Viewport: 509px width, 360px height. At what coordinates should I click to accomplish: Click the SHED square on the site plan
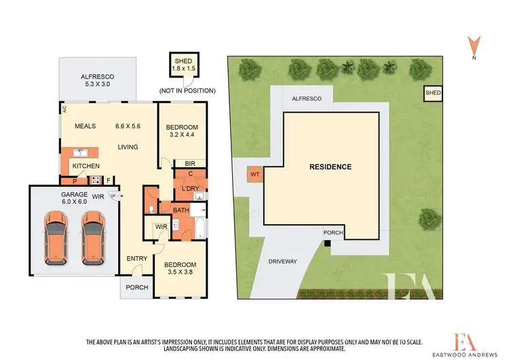432,93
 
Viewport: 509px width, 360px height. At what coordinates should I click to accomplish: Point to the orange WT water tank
255,175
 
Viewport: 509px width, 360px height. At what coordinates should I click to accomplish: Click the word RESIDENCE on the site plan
331,166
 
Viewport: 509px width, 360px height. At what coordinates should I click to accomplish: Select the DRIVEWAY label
283,261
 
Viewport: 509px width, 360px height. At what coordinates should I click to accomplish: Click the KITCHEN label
86,166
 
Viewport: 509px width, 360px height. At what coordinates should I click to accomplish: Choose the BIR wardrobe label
191,164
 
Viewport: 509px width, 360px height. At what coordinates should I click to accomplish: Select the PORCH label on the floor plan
136,287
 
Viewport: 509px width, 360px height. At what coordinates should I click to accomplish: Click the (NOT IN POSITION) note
187,90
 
